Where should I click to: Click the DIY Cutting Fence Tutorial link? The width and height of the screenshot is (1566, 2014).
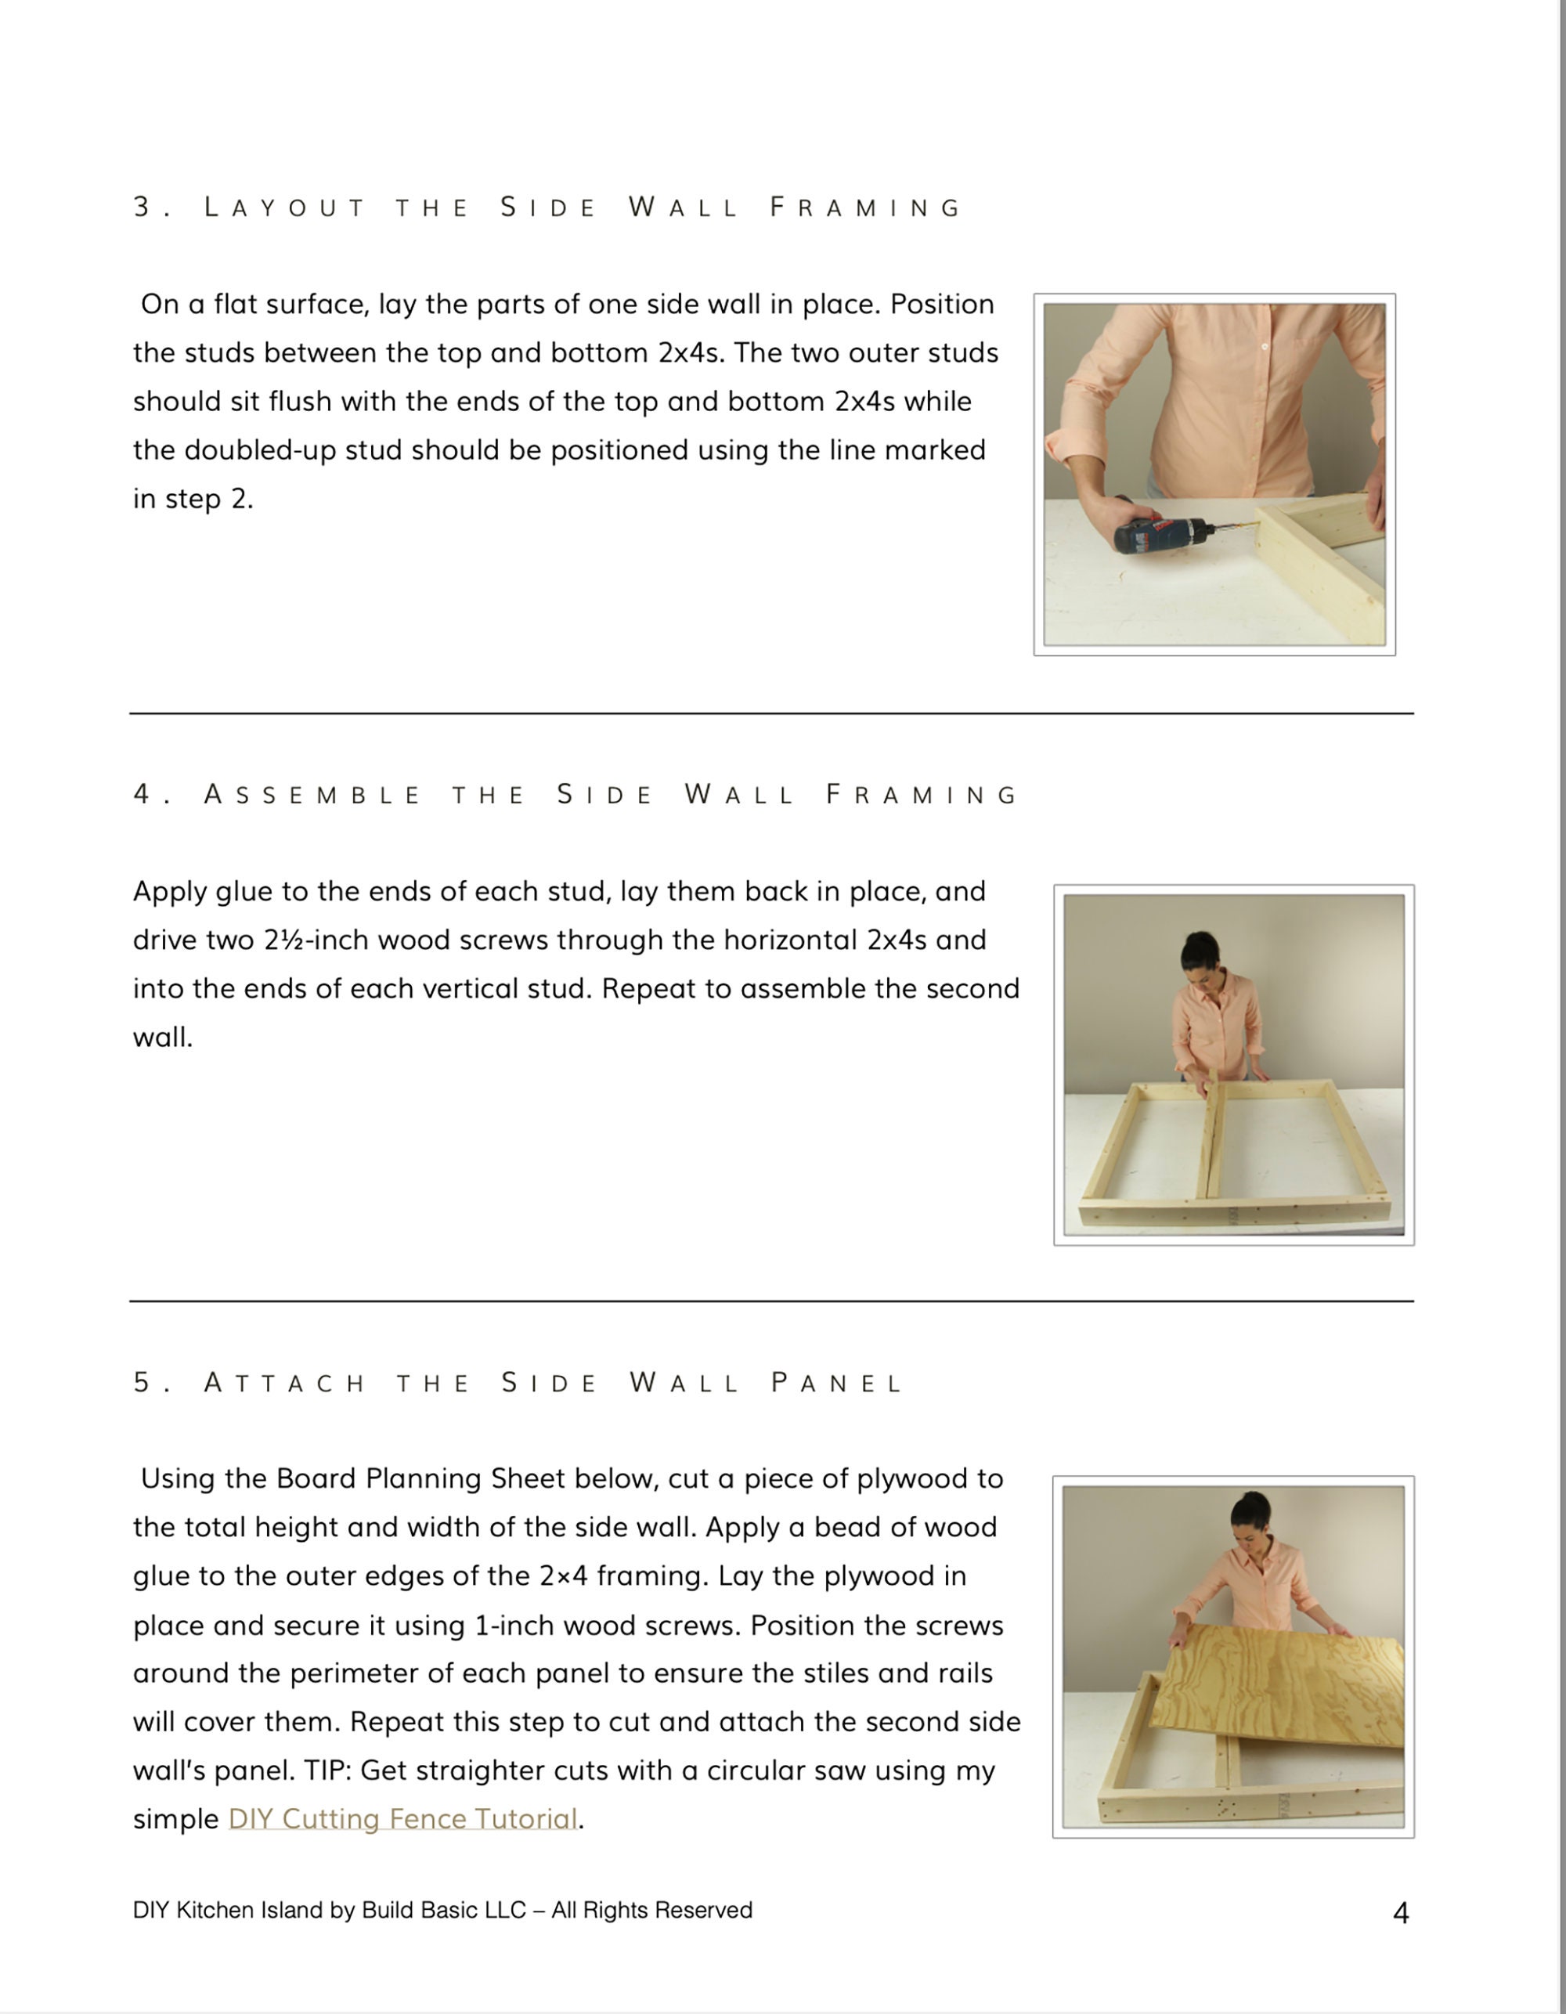tap(403, 1818)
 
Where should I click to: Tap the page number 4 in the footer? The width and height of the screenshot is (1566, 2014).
tap(1400, 1914)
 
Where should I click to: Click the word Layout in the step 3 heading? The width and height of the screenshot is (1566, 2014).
tap(284, 208)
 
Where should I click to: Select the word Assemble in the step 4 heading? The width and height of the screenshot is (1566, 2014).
tap(312, 794)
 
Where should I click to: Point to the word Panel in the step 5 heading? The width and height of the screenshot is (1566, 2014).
tap(836, 1382)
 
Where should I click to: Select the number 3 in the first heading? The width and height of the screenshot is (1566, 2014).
tap(141, 208)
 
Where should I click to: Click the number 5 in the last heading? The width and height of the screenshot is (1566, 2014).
tap(141, 1382)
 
